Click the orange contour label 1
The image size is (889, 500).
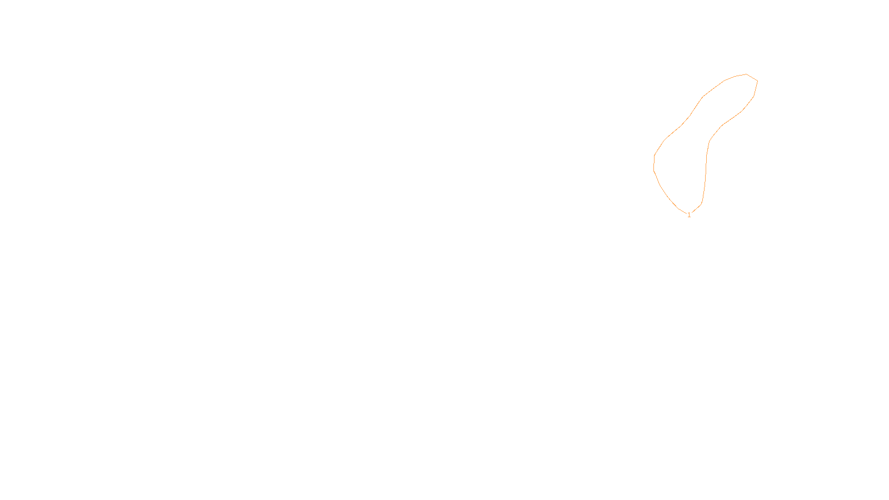689,215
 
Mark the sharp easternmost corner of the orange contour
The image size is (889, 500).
758,81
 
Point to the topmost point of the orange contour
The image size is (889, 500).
746,74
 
